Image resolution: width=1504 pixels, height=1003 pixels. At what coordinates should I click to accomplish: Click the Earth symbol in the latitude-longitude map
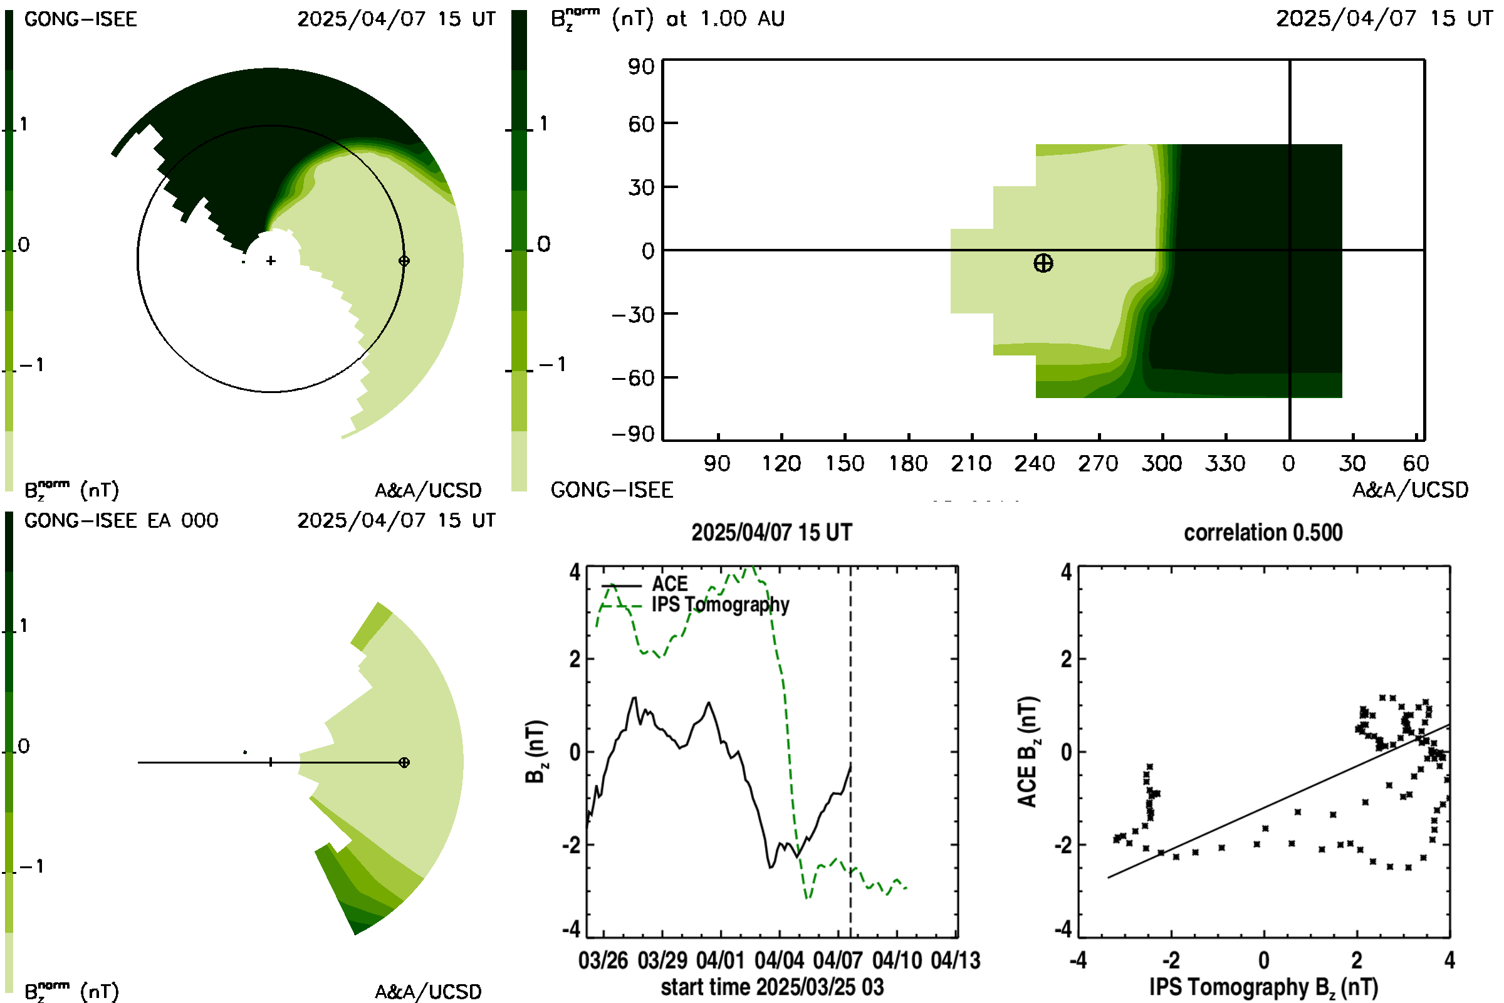(x=1043, y=263)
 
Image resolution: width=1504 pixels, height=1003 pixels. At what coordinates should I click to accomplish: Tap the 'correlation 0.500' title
(x=1263, y=532)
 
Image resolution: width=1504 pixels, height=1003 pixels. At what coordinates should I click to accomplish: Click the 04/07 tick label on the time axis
(x=838, y=960)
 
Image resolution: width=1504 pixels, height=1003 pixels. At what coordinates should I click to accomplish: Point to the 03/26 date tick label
(x=603, y=960)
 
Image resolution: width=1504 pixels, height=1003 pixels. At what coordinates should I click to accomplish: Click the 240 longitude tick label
(x=1035, y=463)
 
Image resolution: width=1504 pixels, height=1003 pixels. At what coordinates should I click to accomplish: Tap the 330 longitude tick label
(x=1225, y=463)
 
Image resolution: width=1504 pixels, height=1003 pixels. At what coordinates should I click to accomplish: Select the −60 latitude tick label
(x=633, y=377)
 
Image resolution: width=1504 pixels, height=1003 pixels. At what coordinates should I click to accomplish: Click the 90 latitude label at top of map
(x=640, y=66)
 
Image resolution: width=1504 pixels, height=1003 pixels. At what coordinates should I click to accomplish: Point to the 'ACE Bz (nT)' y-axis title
(x=1028, y=752)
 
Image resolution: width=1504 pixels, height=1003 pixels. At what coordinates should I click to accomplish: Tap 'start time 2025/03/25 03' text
(x=772, y=986)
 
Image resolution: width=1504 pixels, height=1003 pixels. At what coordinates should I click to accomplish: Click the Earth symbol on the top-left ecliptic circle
(x=404, y=261)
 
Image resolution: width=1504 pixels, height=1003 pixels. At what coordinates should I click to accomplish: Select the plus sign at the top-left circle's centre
(x=271, y=261)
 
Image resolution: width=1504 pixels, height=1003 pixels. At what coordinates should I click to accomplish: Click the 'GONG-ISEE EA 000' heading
(x=121, y=520)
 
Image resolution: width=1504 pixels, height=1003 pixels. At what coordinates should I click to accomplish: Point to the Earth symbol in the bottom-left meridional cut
(x=404, y=762)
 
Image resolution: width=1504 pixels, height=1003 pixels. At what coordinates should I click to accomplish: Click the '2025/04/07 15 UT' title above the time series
(x=771, y=532)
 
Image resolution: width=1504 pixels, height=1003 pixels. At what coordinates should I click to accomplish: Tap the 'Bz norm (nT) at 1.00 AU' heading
(x=667, y=19)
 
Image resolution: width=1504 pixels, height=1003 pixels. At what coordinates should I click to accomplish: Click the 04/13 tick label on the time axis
(x=955, y=960)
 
